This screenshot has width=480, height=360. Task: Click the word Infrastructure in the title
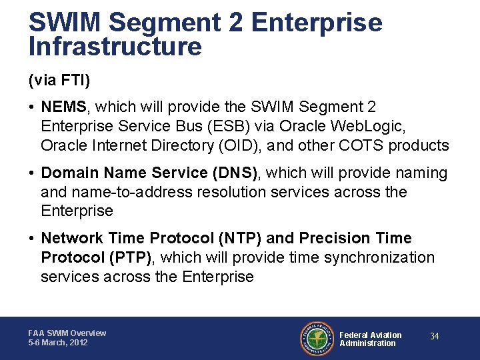(115, 47)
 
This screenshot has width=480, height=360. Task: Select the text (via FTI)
(59, 81)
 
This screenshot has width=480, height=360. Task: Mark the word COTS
(363, 145)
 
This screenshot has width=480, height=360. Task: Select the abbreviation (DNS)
(237, 173)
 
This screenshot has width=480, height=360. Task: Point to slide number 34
(434, 337)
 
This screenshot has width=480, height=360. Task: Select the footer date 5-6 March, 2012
(58, 343)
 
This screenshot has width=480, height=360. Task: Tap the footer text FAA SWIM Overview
(67, 333)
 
